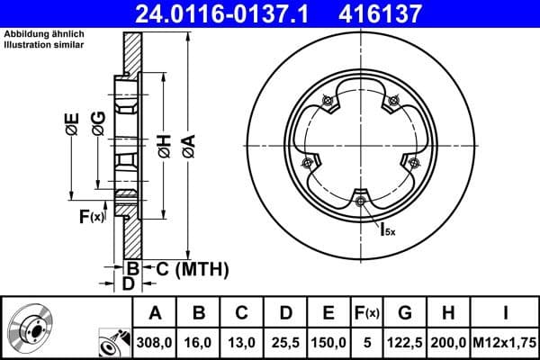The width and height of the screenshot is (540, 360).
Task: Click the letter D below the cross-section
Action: (128, 283)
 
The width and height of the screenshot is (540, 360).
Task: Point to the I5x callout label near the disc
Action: (387, 229)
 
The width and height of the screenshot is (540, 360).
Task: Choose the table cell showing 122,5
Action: (405, 343)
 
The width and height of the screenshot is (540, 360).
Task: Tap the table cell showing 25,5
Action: (284, 343)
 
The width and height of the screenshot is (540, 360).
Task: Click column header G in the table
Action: (405, 314)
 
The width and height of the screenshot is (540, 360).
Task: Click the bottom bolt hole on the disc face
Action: (360, 201)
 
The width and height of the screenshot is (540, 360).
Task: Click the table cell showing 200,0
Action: (449, 343)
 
